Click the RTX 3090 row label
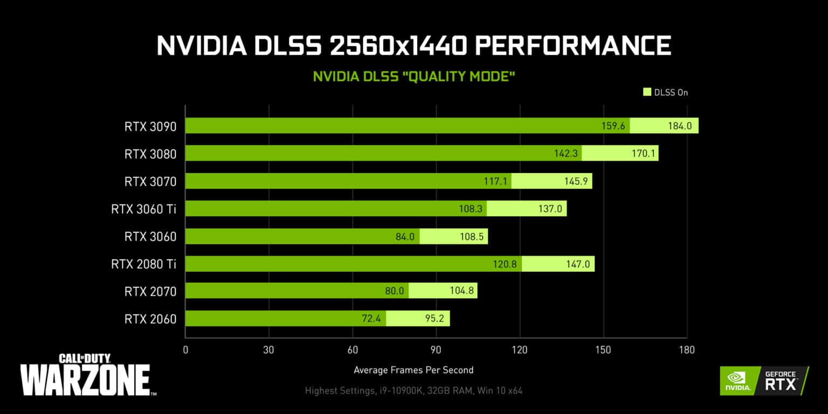point(150,126)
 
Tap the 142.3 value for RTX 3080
point(565,154)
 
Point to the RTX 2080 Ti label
point(143,264)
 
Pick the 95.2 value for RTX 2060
point(434,319)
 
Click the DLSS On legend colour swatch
point(647,92)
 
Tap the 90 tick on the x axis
point(436,350)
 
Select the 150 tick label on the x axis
point(603,350)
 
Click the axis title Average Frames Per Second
point(413,370)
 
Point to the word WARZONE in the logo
point(85,379)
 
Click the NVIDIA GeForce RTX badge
point(764,381)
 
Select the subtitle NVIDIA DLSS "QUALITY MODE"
point(414,77)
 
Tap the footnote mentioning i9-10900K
point(413,390)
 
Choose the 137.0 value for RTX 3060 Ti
point(550,209)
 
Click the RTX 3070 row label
point(150,181)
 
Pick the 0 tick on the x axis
point(185,350)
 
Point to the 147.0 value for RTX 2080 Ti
point(578,264)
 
